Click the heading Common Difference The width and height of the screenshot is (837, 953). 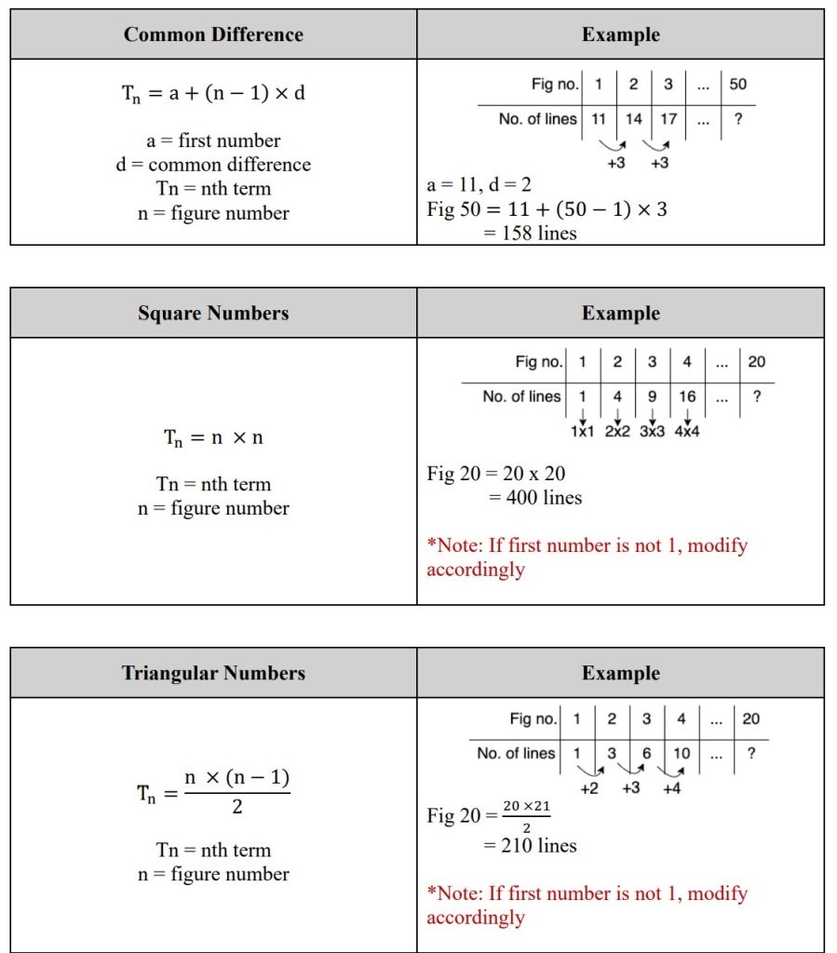pos(213,35)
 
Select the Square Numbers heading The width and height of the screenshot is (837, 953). pos(213,314)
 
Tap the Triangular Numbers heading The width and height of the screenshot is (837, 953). pos(213,674)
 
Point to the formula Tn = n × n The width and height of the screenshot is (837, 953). pos(213,437)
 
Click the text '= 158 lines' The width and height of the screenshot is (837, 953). pos(530,234)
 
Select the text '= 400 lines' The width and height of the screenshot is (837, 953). pos(535,498)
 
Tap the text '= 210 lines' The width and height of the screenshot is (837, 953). pos(530,846)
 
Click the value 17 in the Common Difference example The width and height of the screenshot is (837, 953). pos(668,119)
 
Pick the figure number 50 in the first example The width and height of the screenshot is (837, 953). pos(737,85)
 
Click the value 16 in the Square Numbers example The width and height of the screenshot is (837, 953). pos(687,396)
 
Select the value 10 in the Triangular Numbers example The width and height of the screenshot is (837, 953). pos(682,754)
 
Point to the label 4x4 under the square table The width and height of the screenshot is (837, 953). pos(689,433)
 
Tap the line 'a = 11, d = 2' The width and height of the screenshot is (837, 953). pos(479,185)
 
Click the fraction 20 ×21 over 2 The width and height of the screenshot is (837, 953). pos(526,815)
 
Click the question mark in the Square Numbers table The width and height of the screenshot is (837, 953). pos(756,396)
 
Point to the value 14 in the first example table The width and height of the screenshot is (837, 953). pos(633,119)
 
